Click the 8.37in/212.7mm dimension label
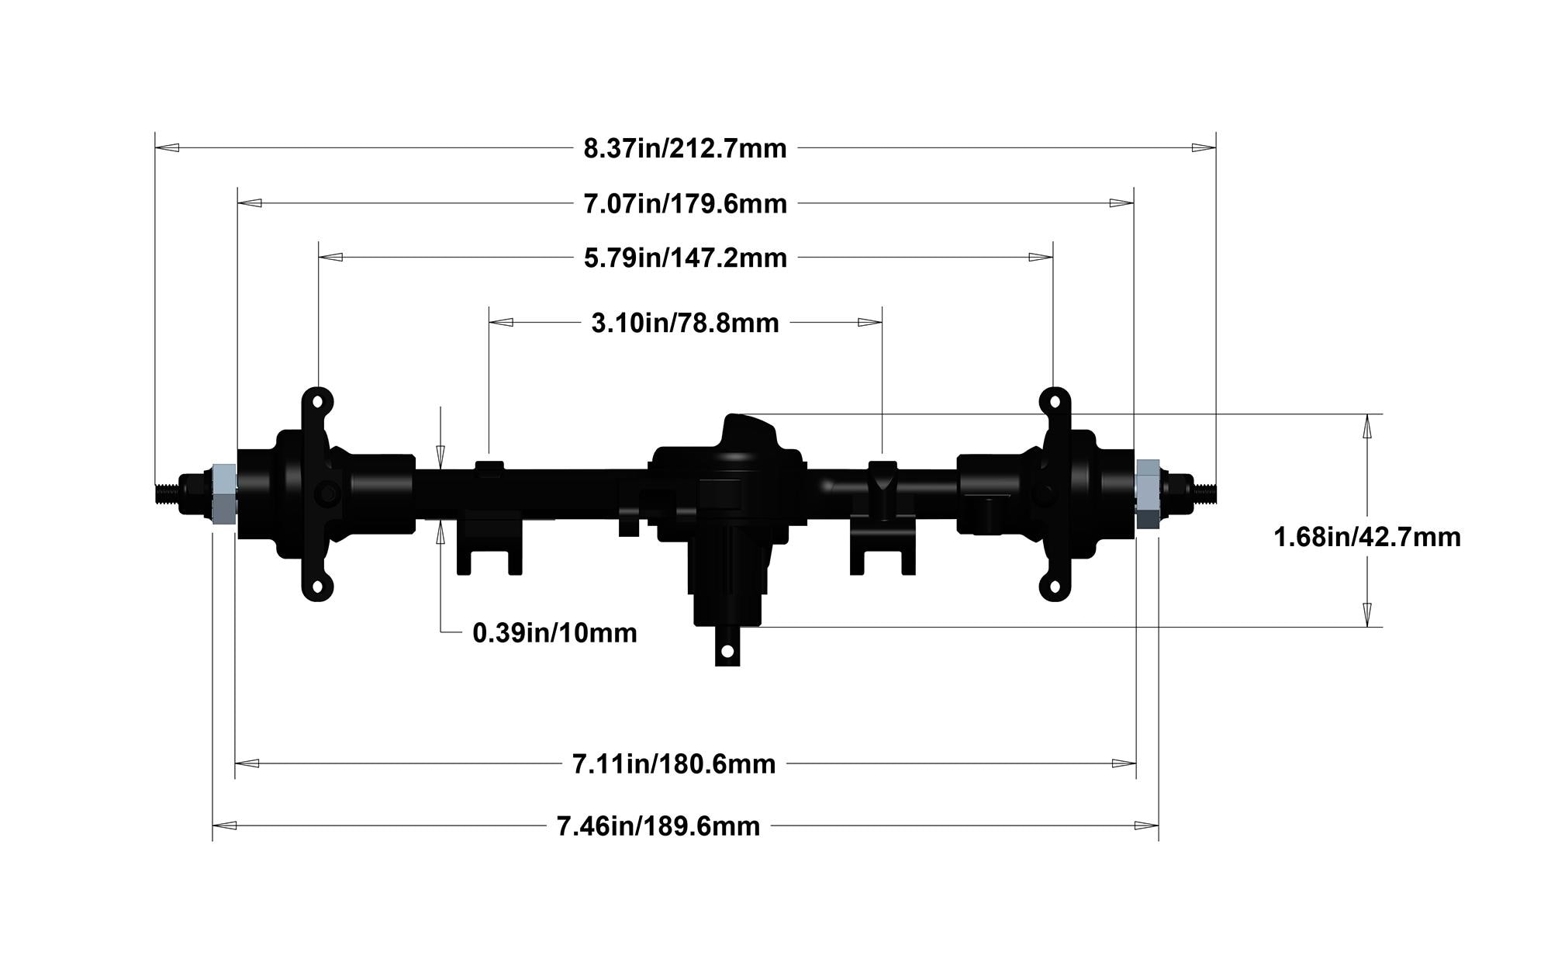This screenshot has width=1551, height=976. coord(685,147)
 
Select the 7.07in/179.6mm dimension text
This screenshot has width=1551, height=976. coord(685,204)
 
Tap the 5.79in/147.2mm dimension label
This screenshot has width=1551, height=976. coord(685,258)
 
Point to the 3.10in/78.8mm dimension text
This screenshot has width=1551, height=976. coord(685,323)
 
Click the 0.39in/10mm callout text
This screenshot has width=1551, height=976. coord(554,633)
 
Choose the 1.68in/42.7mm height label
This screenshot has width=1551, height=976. coord(1366,537)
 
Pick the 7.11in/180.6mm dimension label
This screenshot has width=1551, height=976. coord(673,764)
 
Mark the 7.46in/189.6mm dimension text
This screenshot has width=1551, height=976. coord(658,826)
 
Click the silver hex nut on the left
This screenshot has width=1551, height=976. coord(223,493)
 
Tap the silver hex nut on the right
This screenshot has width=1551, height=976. coord(1147,493)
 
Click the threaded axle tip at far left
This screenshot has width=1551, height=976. coord(166,493)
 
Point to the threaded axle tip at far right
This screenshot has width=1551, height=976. coord(1204,490)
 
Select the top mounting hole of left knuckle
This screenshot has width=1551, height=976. coord(318,402)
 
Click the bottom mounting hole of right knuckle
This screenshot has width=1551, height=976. coord(1054,587)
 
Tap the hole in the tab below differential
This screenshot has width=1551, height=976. coord(727,651)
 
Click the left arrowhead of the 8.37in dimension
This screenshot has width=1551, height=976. coord(166,147)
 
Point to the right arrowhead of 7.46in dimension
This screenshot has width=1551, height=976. coord(1147,826)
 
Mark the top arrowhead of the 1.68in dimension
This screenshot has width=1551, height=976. coord(1367,425)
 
